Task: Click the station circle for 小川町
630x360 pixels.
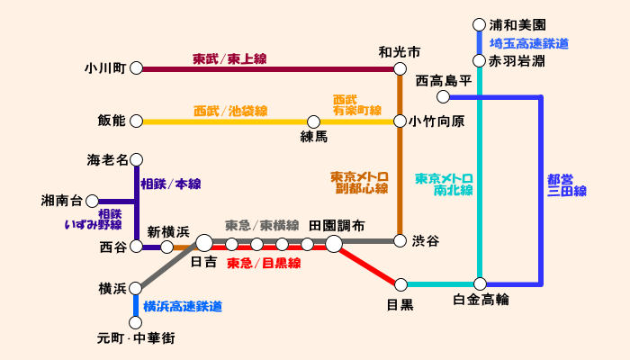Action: [x=137, y=67]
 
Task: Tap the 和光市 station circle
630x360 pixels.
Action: [x=400, y=67]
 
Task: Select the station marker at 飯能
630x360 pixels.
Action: [x=137, y=121]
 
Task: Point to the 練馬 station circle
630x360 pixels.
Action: [x=314, y=121]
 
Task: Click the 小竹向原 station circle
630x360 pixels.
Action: [x=400, y=121]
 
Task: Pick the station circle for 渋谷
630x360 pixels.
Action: [x=400, y=240]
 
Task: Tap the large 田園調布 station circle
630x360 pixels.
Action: [x=334, y=244]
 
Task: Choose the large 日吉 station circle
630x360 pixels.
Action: [x=204, y=243]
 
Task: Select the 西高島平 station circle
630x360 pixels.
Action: [x=443, y=97]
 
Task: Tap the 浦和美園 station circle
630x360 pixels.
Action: [x=480, y=25]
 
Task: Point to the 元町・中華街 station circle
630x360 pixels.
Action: [x=137, y=321]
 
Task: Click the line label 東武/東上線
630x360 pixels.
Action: [x=229, y=59]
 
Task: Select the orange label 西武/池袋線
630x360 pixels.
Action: [x=230, y=112]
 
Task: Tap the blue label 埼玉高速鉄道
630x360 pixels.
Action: [x=529, y=43]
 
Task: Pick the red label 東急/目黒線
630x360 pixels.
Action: [x=263, y=264]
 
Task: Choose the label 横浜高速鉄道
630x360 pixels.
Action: [x=183, y=307]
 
